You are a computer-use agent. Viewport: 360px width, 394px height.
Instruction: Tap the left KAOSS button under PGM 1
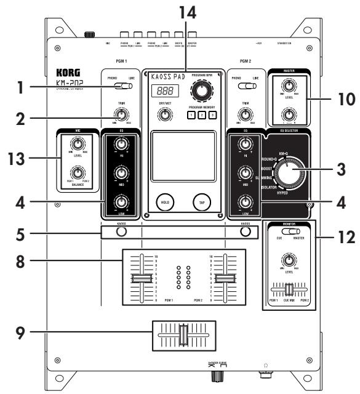pos(121,232)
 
